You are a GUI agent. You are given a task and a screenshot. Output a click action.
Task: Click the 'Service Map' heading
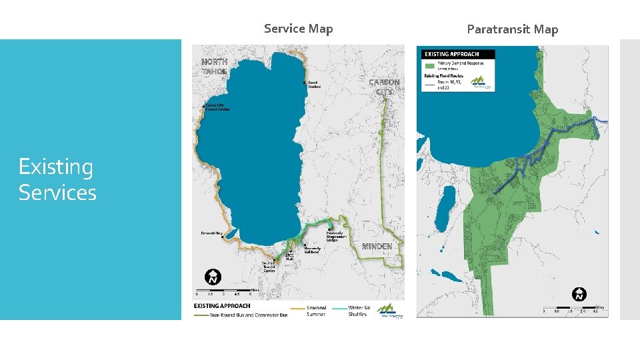[x=298, y=29]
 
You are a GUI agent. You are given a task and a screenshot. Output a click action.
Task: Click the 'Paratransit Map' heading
[x=512, y=29]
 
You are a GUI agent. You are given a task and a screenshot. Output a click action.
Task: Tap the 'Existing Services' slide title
[x=57, y=179]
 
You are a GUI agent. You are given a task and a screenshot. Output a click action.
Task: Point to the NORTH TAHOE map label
[x=215, y=66]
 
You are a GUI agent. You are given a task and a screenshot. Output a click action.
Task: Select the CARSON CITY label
[x=384, y=87]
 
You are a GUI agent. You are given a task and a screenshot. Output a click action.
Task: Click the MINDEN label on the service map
[x=377, y=247]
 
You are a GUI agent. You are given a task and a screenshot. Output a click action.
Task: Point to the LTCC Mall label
[x=289, y=257]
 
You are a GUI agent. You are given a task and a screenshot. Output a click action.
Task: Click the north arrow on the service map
[x=213, y=277]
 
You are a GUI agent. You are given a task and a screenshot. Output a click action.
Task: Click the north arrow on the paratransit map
[x=580, y=294]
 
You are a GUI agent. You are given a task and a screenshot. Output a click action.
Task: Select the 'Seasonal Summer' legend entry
[x=316, y=311]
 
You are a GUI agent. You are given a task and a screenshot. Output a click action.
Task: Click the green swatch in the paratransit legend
[x=429, y=66]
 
